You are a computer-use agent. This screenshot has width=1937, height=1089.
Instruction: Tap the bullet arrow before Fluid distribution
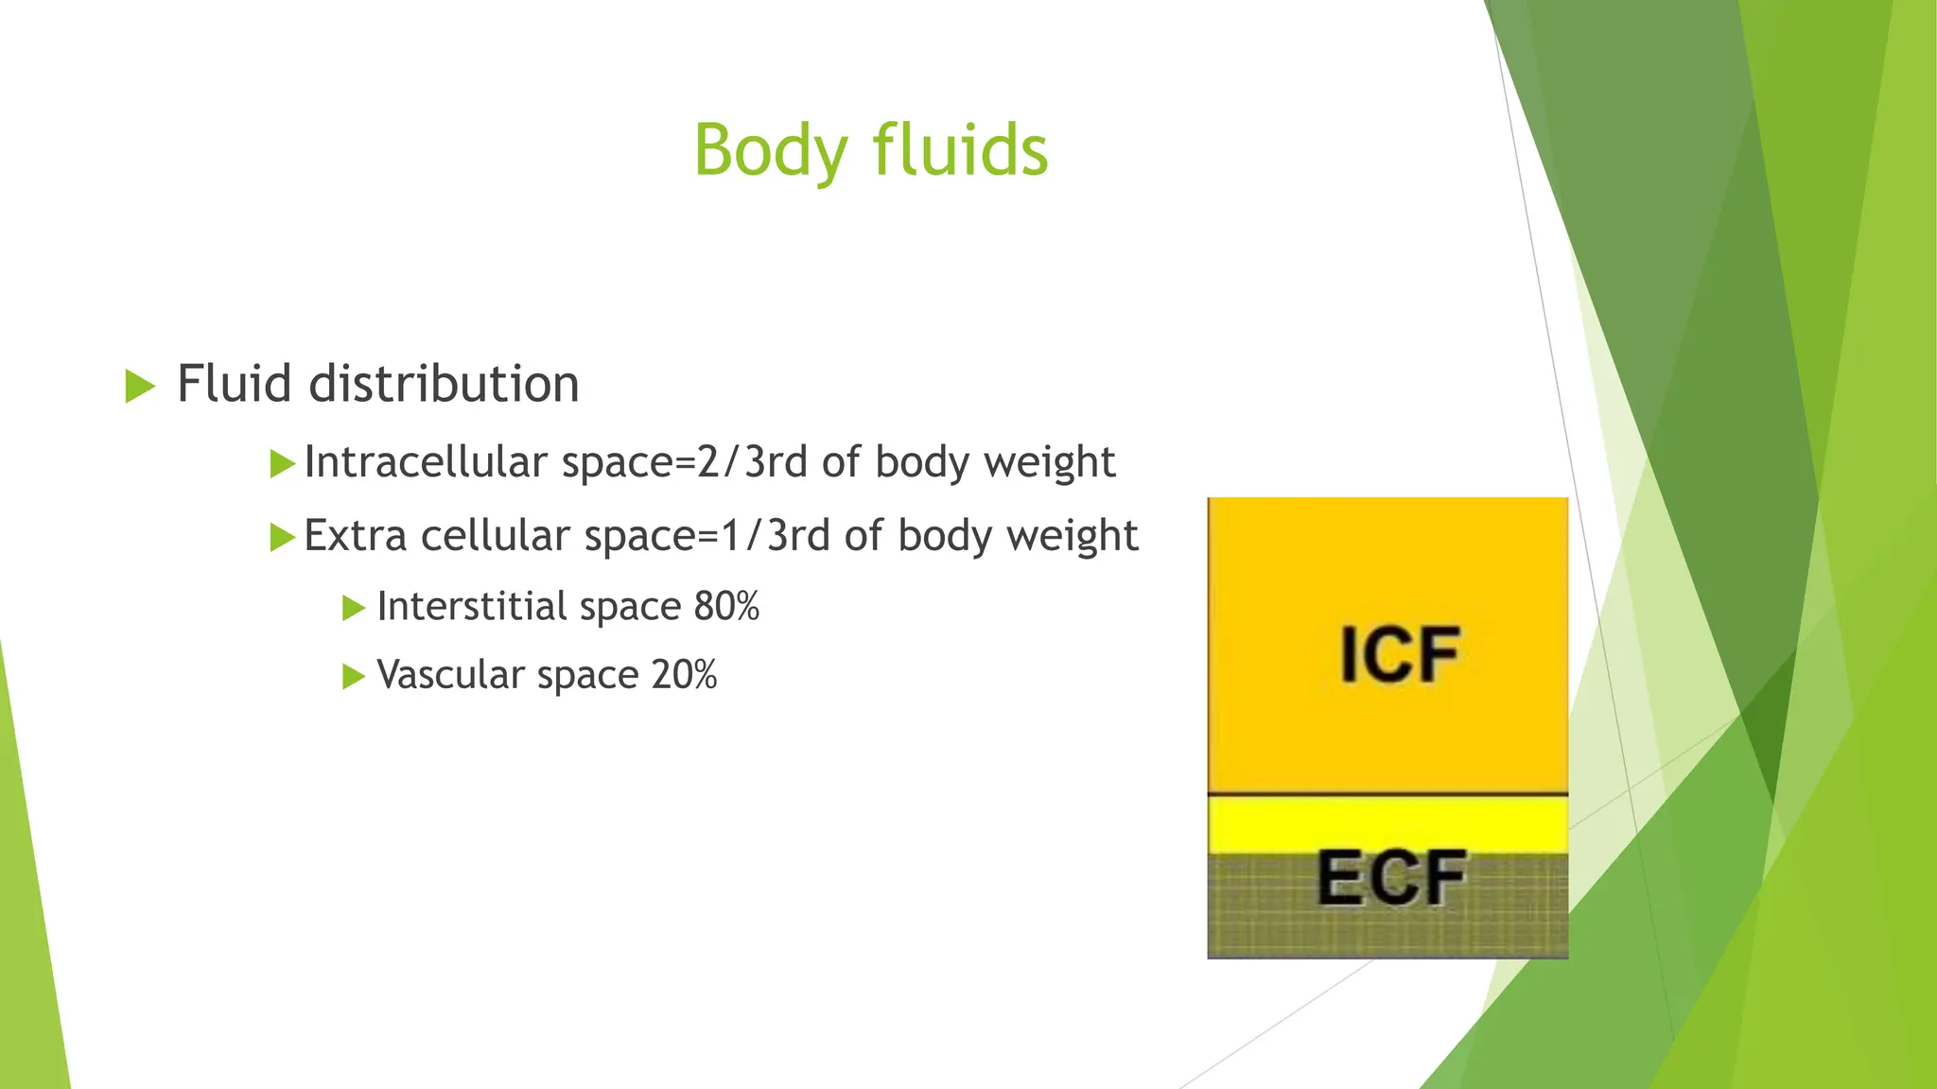pyautogui.click(x=139, y=386)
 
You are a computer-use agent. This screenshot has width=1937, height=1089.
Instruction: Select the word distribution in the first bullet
pyautogui.click(x=444, y=384)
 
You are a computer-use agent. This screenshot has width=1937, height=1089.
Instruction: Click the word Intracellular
pyautogui.click(x=426, y=462)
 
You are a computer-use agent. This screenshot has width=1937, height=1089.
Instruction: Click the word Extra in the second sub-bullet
pyautogui.click(x=355, y=536)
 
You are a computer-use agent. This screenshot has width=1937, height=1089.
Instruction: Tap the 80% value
pyautogui.click(x=726, y=607)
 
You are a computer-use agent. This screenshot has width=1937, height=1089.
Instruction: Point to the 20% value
pyautogui.click(x=684, y=675)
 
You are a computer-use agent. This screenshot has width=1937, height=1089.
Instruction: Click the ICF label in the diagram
pyautogui.click(x=1400, y=655)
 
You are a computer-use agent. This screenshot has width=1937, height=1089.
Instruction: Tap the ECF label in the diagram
pyautogui.click(x=1391, y=879)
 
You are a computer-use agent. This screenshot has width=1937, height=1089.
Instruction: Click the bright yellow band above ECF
pyautogui.click(x=1387, y=822)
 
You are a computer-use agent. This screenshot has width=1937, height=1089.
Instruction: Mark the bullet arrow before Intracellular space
pyautogui.click(x=282, y=464)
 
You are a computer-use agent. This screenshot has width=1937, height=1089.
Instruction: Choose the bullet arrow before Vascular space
pyautogui.click(x=353, y=677)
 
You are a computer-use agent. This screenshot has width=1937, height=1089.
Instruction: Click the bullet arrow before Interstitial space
pyautogui.click(x=353, y=608)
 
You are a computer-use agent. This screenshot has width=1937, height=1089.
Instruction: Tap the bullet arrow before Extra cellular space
pyautogui.click(x=282, y=538)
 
